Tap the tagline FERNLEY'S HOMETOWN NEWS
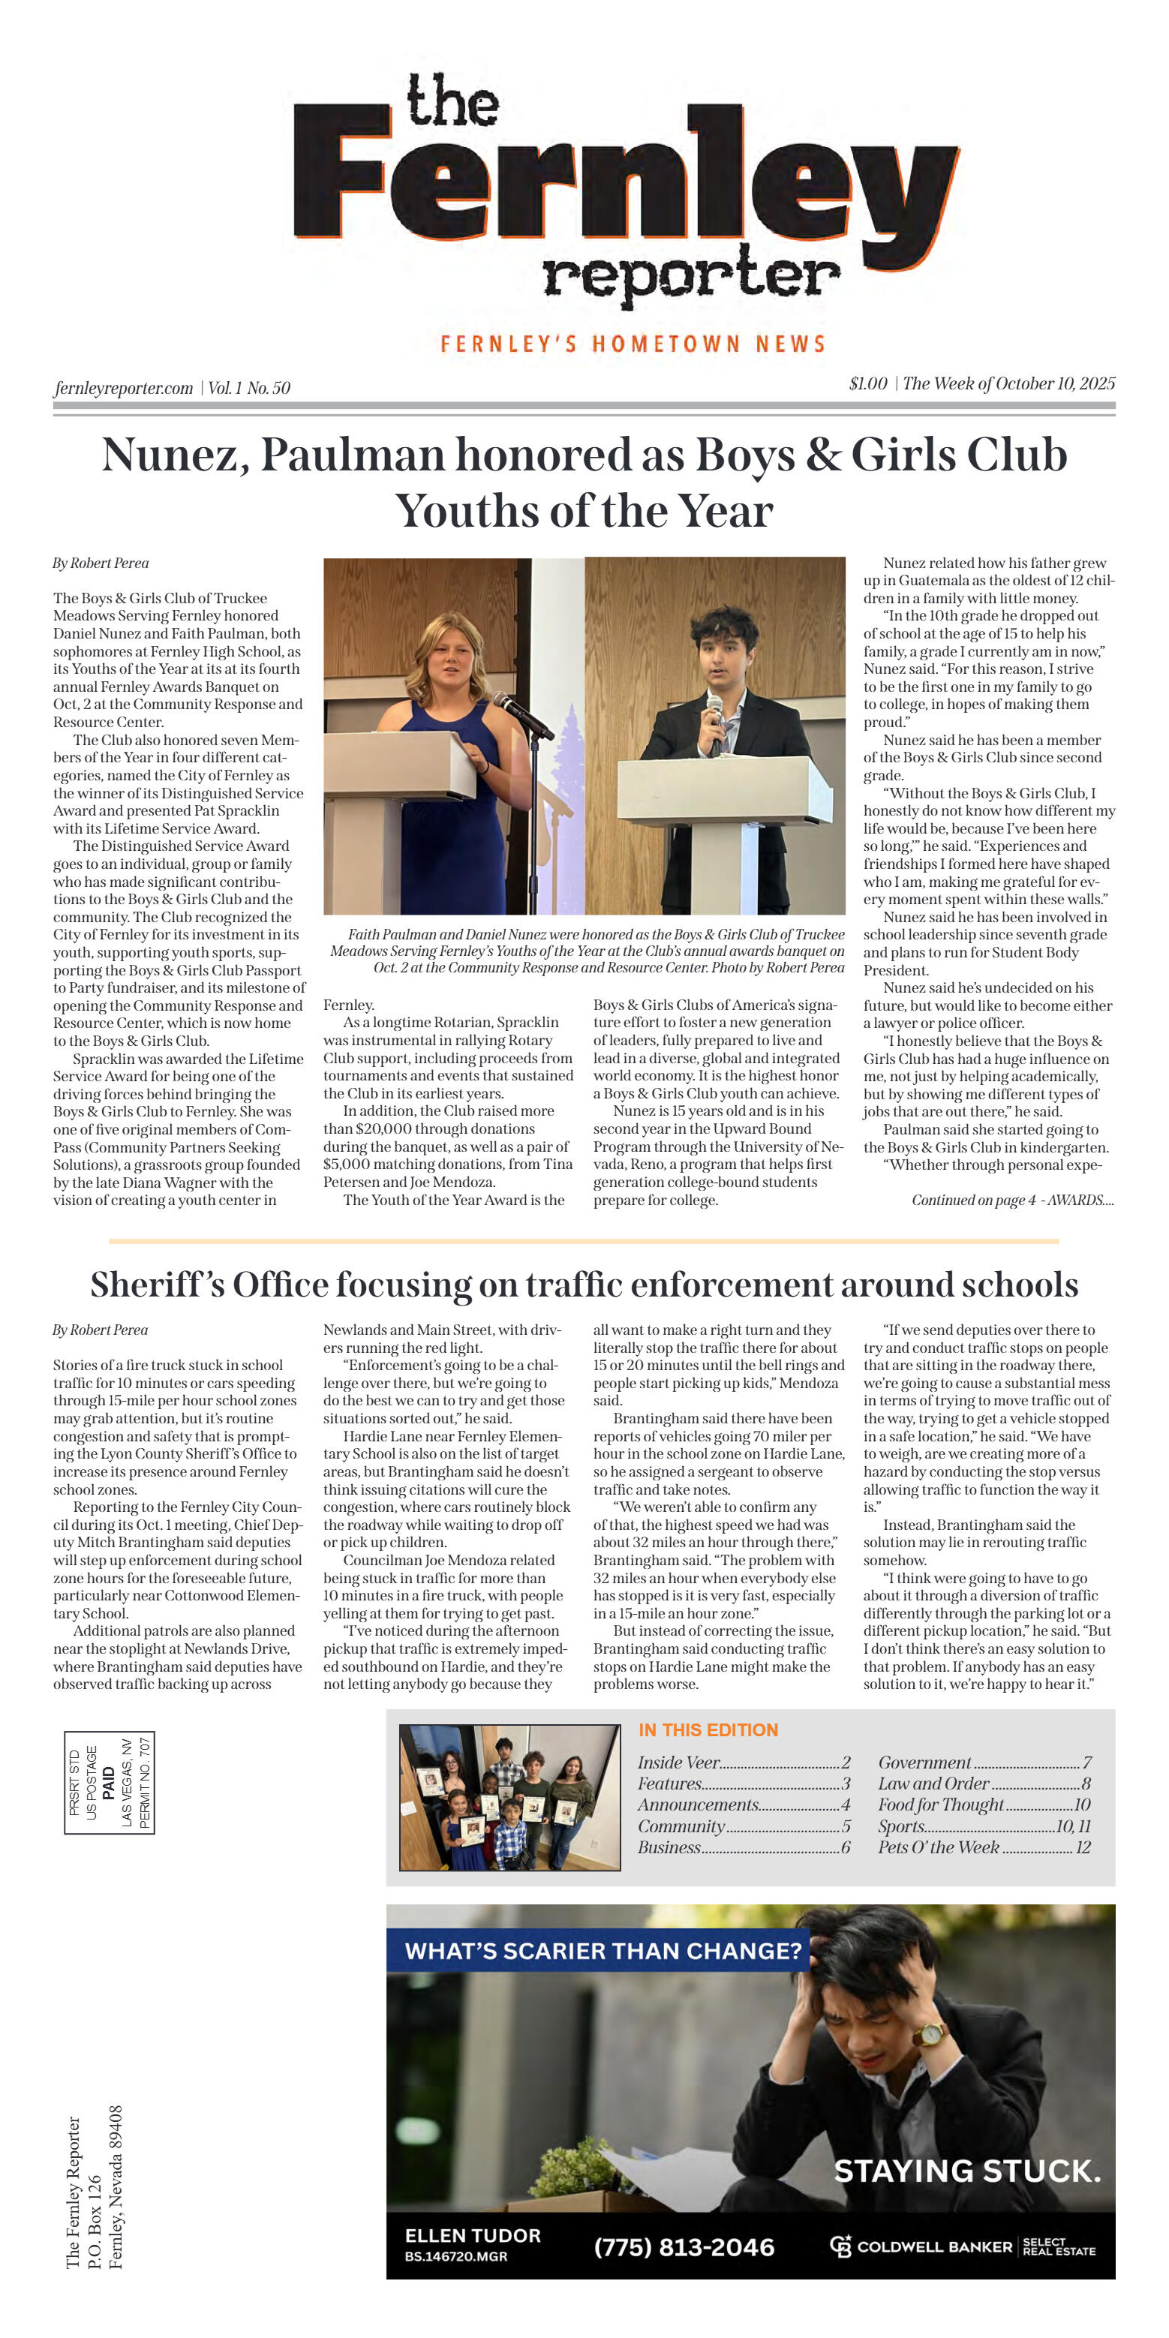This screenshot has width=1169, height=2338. tap(633, 344)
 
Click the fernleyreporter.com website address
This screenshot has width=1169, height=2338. tap(124, 389)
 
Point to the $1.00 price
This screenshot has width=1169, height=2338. tap(867, 384)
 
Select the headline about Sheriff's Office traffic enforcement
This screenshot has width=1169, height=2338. tap(584, 1285)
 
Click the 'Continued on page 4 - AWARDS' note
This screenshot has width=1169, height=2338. tap(1012, 1200)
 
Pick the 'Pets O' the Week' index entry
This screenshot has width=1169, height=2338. tap(984, 1847)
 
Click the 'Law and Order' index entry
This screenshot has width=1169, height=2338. tap(984, 1784)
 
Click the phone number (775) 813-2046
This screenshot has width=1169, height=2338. tap(684, 2247)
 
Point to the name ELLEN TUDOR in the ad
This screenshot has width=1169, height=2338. tap(472, 2235)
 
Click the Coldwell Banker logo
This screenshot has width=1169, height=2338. tap(962, 2246)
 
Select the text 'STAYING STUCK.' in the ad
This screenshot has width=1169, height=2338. tap(967, 2171)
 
